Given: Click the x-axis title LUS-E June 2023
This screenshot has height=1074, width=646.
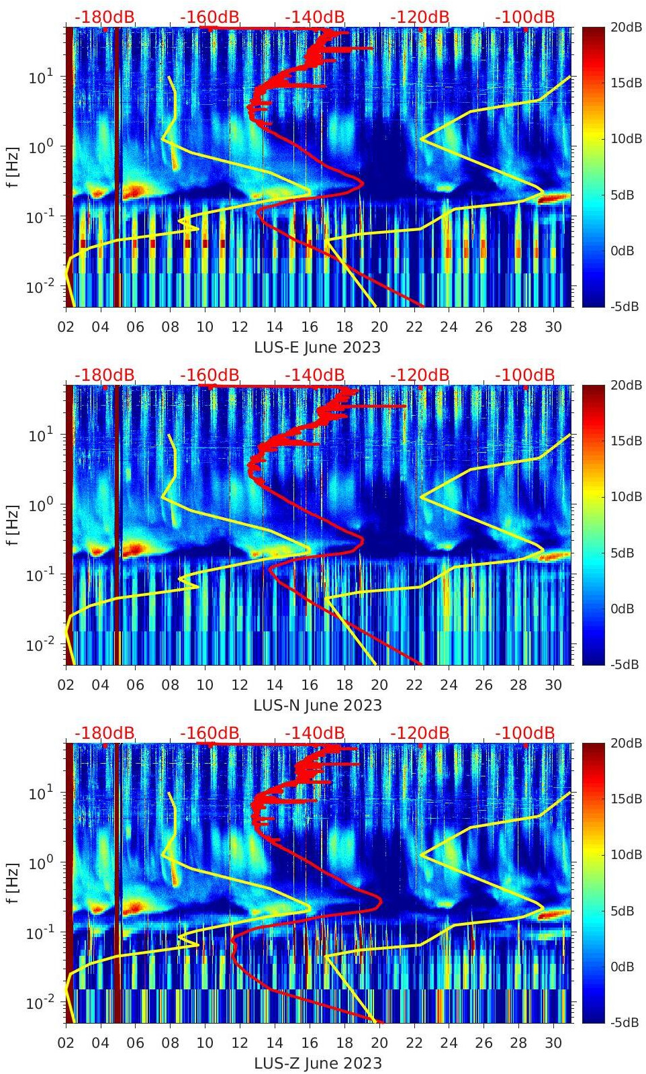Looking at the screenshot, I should (317, 348).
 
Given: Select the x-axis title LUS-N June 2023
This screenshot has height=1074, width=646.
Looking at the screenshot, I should (317, 706).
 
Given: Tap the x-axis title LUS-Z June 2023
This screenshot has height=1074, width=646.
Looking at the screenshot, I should (317, 1064).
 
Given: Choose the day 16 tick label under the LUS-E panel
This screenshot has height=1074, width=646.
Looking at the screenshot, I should (310, 328).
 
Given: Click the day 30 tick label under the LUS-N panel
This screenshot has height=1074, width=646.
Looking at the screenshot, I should (553, 686).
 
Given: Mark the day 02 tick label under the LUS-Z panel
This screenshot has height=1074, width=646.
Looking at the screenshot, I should (66, 1044).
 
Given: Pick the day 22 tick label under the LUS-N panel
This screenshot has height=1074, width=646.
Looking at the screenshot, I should (414, 686).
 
